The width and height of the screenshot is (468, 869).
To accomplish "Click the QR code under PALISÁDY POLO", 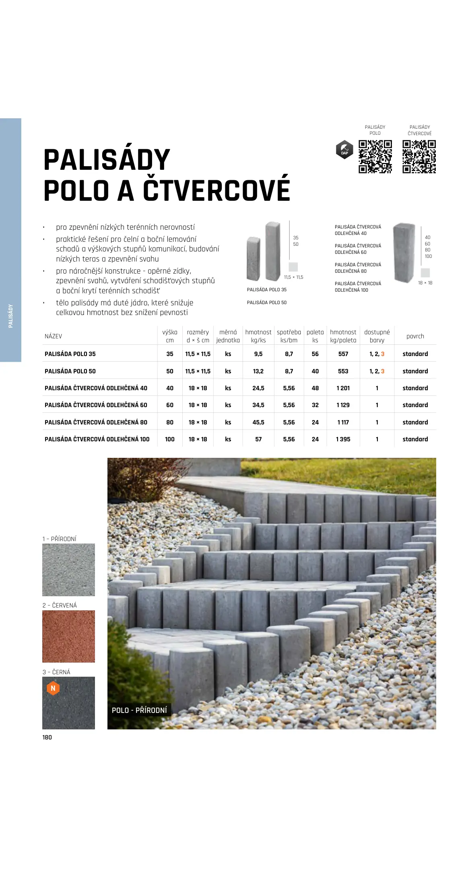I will click(375, 157).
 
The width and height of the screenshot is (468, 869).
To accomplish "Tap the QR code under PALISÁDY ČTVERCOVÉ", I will click(419, 157).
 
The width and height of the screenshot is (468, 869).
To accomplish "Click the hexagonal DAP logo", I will click(344, 150).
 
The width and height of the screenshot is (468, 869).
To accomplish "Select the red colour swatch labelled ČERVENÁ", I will click(68, 636).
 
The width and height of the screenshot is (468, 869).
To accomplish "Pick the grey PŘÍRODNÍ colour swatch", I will click(68, 570).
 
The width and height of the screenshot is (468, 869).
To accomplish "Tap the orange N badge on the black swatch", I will click(53, 688).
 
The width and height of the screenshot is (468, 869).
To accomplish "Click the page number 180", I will click(47, 737).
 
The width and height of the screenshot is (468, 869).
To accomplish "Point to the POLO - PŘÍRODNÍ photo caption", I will click(139, 710).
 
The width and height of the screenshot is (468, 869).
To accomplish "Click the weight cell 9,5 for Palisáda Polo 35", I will click(258, 354).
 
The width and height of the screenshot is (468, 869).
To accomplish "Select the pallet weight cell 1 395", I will click(343, 439).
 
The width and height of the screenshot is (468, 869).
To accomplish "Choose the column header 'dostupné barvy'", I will click(377, 336).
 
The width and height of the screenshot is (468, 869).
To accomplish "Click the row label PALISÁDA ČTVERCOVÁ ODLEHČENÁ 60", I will click(96, 405).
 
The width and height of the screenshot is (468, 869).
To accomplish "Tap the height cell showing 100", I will click(170, 439).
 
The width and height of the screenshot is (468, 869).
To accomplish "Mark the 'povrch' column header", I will click(415, 336).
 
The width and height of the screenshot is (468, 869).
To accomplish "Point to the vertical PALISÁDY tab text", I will click(11, 316).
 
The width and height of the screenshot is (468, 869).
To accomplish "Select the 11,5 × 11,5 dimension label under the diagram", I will click(293, 277).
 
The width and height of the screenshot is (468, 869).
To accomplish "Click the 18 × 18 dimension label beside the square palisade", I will click(425, 283).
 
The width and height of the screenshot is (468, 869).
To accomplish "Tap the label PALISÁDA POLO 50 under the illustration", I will click(267, 303).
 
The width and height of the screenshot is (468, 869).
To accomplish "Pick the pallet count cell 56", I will click(315, 354).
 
